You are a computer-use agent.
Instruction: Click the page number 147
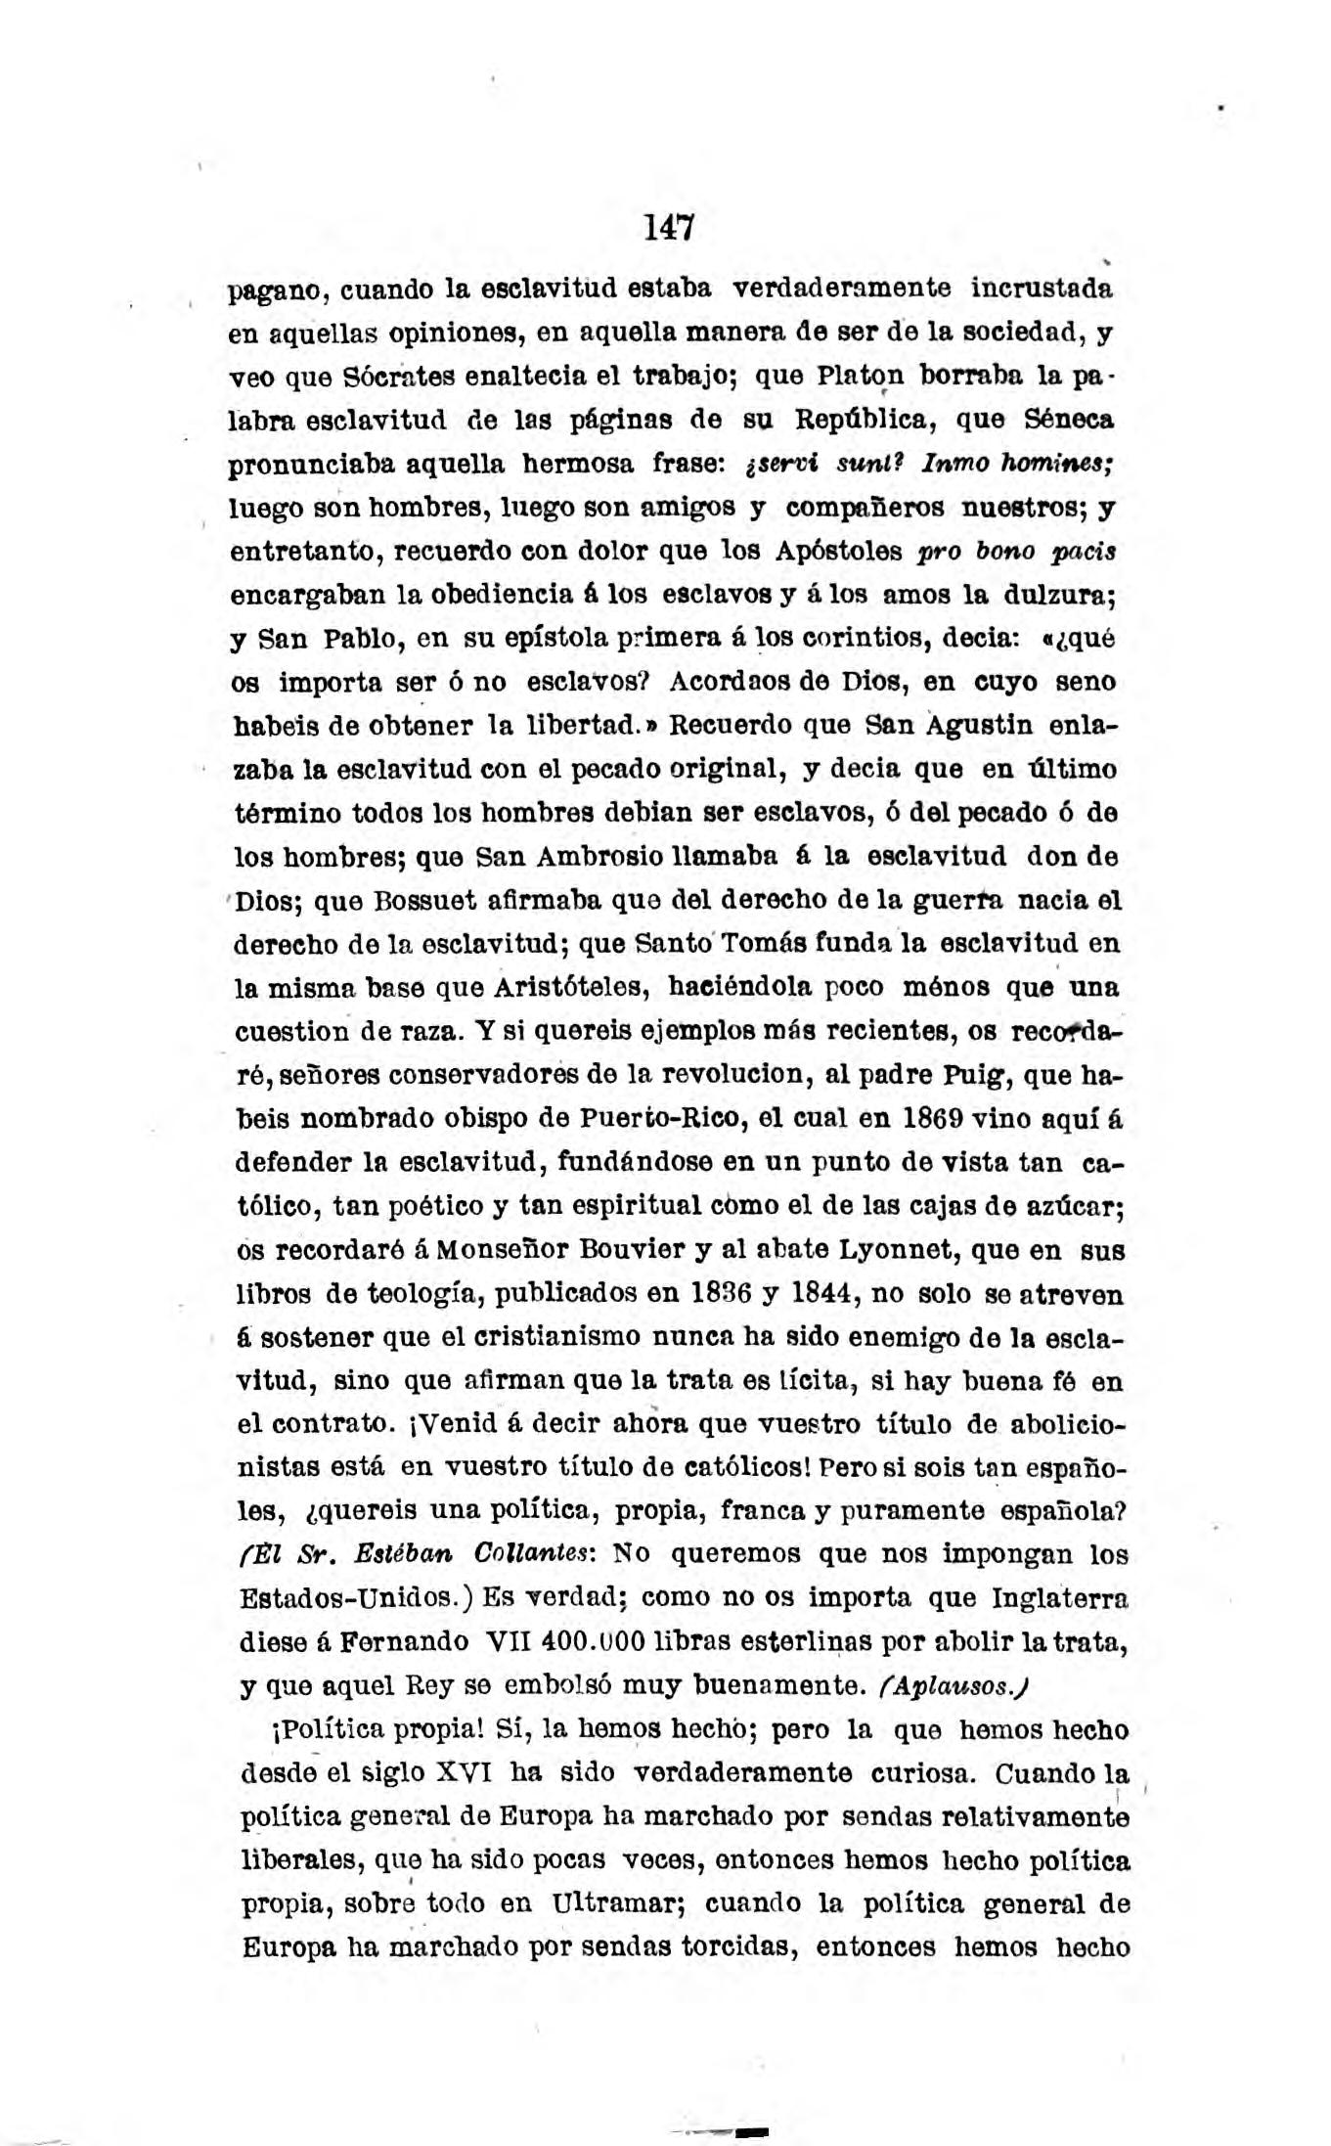tap(668, 228)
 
